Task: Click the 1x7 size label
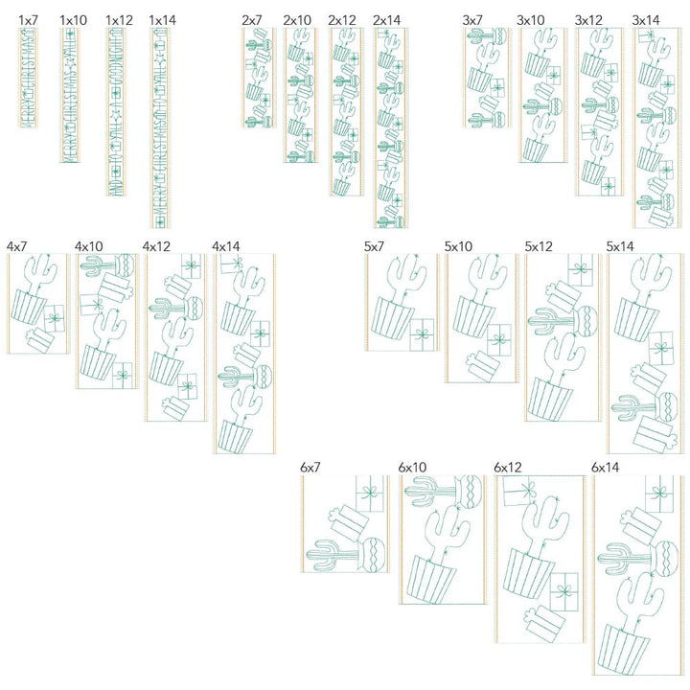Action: [28, 19]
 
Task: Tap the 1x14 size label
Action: [163, 19]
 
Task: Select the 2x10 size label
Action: [297, 19]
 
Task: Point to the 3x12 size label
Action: [588, 19]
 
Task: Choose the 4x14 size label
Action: [226, 246]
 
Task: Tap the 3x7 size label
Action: [472, 19]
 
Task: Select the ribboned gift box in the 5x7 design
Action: [422, 335]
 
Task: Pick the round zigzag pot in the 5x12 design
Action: [581, 322]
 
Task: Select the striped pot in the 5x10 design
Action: [471, 315]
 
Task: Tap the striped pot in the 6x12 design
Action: [528, 572]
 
